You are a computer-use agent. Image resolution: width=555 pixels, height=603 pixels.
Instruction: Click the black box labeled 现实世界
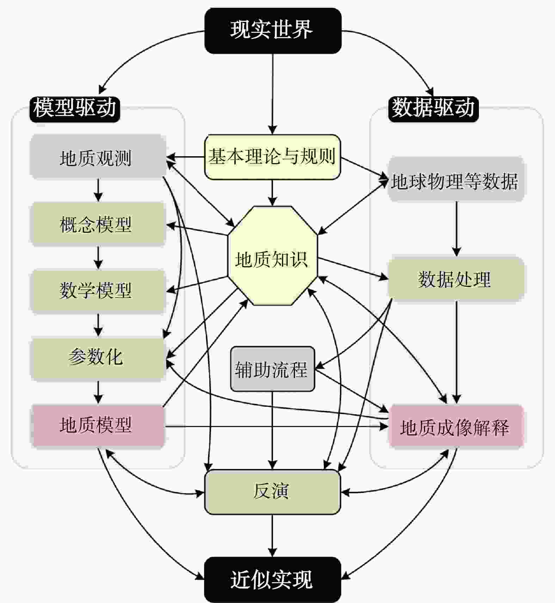click(273, 31)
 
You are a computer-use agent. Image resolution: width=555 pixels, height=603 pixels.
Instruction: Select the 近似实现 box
click(273, 580)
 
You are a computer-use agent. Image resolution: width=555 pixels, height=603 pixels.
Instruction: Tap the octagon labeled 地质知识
click(273, 256)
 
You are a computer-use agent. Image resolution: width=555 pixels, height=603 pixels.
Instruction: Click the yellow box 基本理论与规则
click(273, 157)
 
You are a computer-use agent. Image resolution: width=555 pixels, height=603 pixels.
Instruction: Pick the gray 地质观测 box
click(98, 156)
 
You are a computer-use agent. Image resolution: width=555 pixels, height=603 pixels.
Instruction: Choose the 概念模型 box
click(98, 224)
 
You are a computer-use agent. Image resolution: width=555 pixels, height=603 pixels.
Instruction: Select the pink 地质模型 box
click(98, 426)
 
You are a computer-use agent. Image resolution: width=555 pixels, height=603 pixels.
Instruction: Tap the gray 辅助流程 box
click(272, 369)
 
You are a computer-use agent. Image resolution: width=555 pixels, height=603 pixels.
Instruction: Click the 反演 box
click(273, 492)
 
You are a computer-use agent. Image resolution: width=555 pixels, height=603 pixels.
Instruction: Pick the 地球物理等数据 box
click(456, 179)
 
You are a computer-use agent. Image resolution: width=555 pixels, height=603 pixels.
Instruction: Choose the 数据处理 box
click(456, 279)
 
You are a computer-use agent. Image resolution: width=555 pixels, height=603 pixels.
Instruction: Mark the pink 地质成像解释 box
click(456, 426)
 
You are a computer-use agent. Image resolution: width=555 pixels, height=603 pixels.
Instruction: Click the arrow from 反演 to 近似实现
click(272, 536)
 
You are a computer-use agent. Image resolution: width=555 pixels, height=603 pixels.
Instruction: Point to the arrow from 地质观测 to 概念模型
click(98, 190)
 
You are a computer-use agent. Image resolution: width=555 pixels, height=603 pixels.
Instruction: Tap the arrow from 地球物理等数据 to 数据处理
click(457, 229)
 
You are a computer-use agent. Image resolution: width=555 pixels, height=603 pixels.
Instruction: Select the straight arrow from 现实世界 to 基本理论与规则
click(272, 94)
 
